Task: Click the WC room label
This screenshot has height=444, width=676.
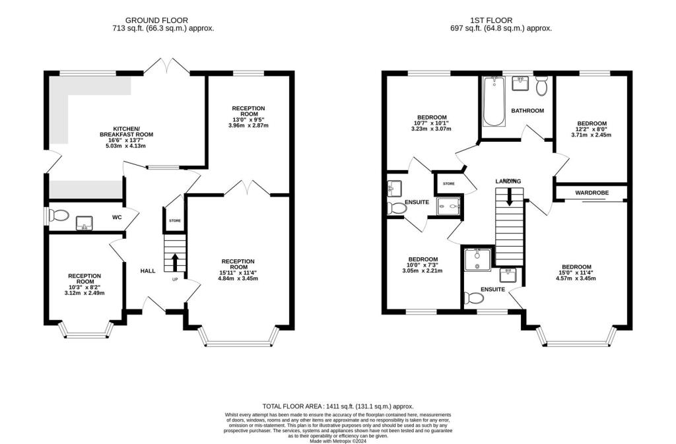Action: tap(116, 217)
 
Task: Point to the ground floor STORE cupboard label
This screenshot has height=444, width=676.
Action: tap(175, 221)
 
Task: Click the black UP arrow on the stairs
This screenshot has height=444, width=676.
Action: tap(175, 262)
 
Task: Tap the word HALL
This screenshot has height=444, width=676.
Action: tap(147, 270)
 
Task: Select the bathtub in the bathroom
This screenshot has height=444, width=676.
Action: tap(493, 102)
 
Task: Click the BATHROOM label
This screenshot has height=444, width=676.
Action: tap(527, 111)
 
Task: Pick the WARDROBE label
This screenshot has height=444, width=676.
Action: tap(591, 193)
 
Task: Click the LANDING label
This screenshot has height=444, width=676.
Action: tap(508, 181)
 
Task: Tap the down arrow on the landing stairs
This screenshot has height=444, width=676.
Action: tap(508, 197)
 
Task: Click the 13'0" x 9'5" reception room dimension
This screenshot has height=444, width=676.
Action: tap(248, 119)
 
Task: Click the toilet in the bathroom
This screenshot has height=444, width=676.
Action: tap(542, 86)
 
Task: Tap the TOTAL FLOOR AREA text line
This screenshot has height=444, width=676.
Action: tap(338, 407)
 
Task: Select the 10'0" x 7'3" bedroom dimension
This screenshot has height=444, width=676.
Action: tap(422, 265)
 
